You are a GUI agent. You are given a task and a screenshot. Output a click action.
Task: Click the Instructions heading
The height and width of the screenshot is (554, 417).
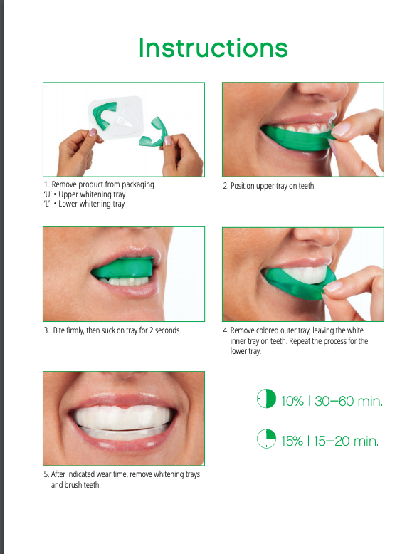[213, 48]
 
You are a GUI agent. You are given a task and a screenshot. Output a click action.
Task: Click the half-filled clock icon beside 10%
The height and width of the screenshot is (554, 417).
[266, 399]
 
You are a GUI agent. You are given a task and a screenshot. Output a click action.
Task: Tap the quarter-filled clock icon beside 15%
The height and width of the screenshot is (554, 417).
[266, 439]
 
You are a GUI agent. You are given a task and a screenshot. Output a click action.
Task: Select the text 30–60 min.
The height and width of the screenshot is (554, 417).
[349, 401]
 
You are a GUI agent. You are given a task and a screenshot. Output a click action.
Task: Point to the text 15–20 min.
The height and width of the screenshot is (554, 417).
[346, 441]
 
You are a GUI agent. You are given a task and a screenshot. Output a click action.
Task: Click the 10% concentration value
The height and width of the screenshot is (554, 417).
[292, 401]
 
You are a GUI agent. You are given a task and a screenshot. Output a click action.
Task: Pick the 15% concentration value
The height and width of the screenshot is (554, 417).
[292, 441]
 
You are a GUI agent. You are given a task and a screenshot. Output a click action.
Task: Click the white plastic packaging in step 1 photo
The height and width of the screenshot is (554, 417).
[117, 117]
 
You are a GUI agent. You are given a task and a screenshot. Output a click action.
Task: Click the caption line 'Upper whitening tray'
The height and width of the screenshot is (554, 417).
[92, 194]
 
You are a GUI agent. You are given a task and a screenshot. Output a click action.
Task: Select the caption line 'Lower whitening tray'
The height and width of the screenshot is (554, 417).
[92, 204]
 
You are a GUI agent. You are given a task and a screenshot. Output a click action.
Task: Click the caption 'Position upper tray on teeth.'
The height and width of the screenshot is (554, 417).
[270, 186]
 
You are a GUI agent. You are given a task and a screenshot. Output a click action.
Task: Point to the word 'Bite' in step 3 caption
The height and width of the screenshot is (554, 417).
[59, 330]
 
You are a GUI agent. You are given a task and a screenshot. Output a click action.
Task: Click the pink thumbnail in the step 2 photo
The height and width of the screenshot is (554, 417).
[340, 130]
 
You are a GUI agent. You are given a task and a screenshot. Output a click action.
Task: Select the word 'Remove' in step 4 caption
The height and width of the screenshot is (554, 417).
[242, 330]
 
